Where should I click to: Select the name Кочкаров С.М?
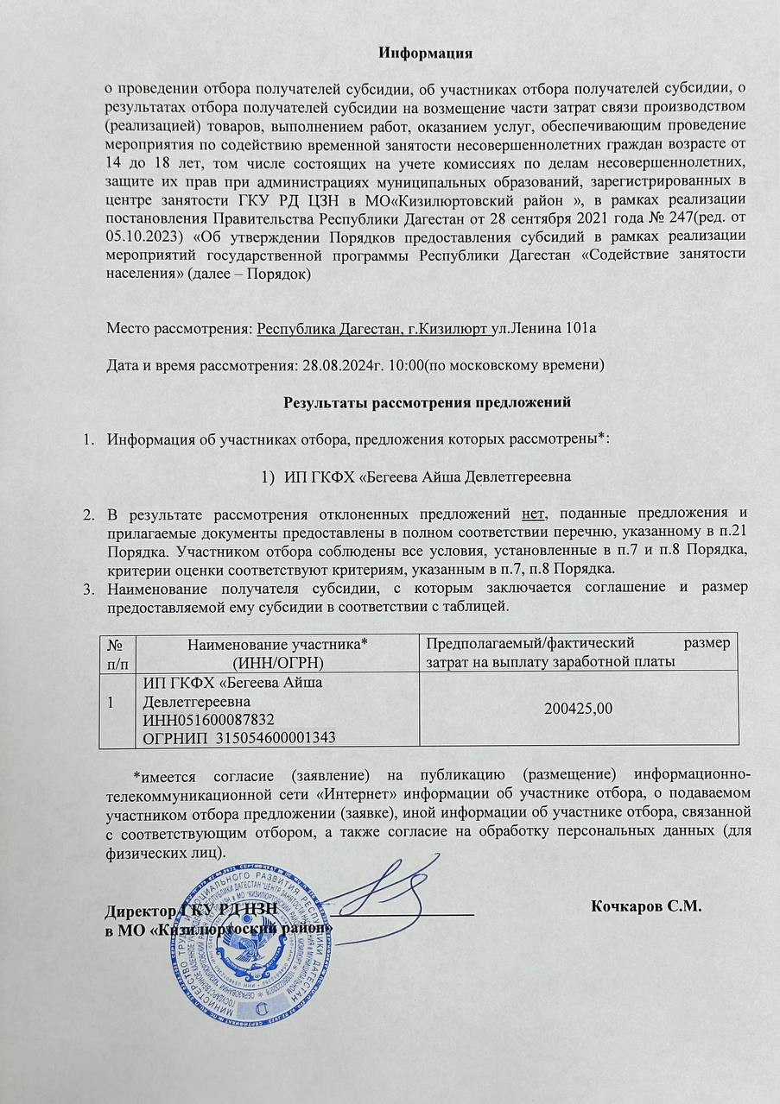pyautogui.click(x=646, y=906)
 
